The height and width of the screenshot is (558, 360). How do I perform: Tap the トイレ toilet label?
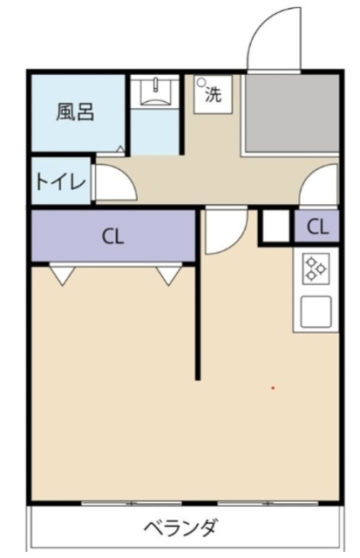[60, 182]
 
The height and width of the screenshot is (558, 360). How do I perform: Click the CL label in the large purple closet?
[111, 235]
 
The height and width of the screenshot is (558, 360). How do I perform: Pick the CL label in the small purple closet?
[317, 228]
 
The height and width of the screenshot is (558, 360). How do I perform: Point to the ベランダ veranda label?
[180, 528]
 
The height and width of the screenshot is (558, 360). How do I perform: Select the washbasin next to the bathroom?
[155, 92]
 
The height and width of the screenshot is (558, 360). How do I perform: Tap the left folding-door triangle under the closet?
[61, 276]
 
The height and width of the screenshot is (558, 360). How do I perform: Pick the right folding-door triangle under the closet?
[168, 276]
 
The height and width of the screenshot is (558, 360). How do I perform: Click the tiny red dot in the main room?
[273, 387]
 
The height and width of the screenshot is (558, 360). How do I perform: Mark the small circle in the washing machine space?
[201, 84]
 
